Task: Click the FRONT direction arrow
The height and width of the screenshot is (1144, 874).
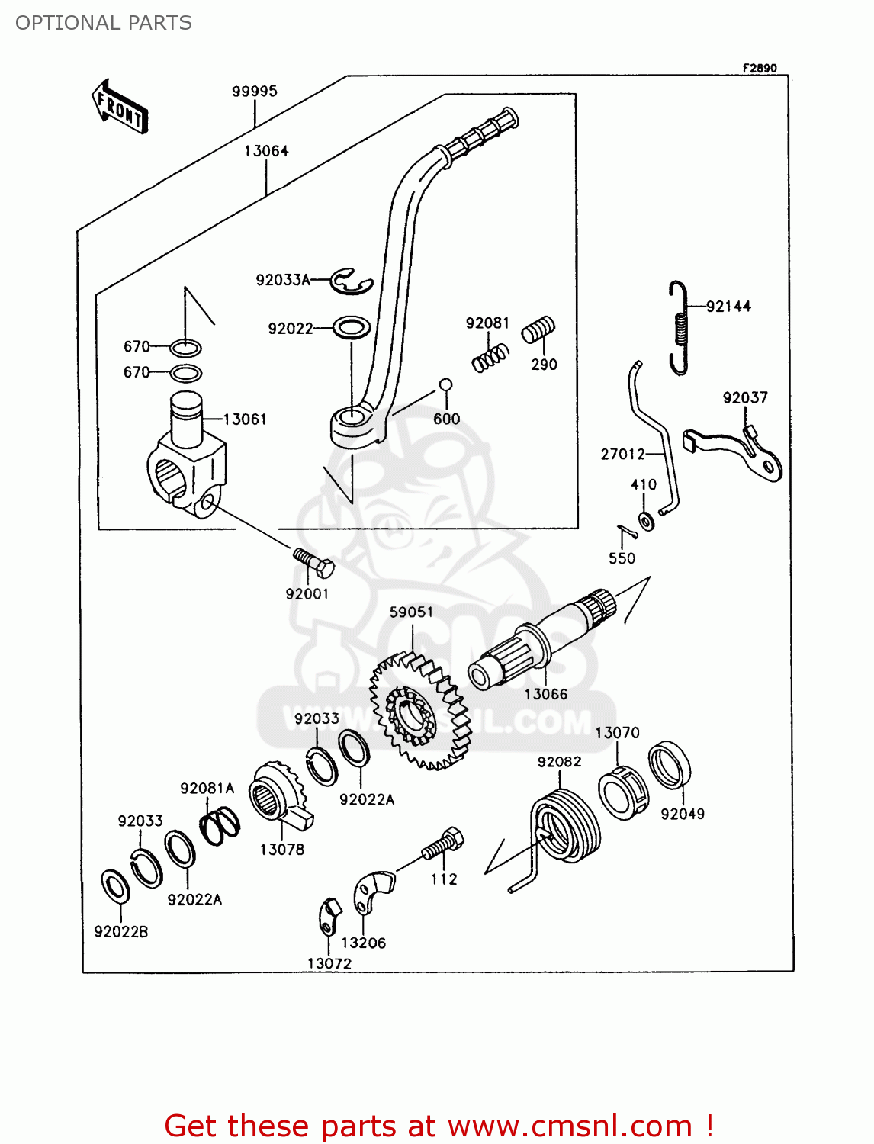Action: coord(120,108)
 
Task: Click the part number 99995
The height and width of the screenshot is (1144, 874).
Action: coord(255,92)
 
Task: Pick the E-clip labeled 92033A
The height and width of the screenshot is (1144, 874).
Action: coord(351,281)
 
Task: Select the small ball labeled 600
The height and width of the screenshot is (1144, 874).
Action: coord(446,385)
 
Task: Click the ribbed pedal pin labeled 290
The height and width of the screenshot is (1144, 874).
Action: coord(538,331)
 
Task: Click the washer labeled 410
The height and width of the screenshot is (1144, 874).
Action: coord(647,522)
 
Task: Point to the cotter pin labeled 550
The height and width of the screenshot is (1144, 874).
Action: coord(626,530)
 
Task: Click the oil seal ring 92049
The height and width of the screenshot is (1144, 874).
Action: coord(670,764)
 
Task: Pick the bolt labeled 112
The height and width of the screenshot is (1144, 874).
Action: coord(443,844)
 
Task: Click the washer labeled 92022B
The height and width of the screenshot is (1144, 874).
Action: coord(115,885)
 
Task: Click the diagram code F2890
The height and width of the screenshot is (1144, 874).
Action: coord(760,68)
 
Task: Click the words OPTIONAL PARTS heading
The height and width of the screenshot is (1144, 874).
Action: coord(104,23)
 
